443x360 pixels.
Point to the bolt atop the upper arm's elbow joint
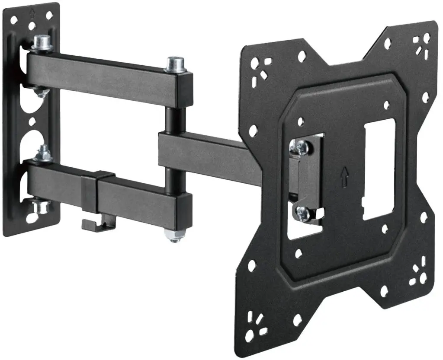pyautogui.click(x=175, y=64)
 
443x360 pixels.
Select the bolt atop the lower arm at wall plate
pyautogui.click(x=44, y=153)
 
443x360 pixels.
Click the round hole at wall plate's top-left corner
pyautogui.click(x=14, y=20)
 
